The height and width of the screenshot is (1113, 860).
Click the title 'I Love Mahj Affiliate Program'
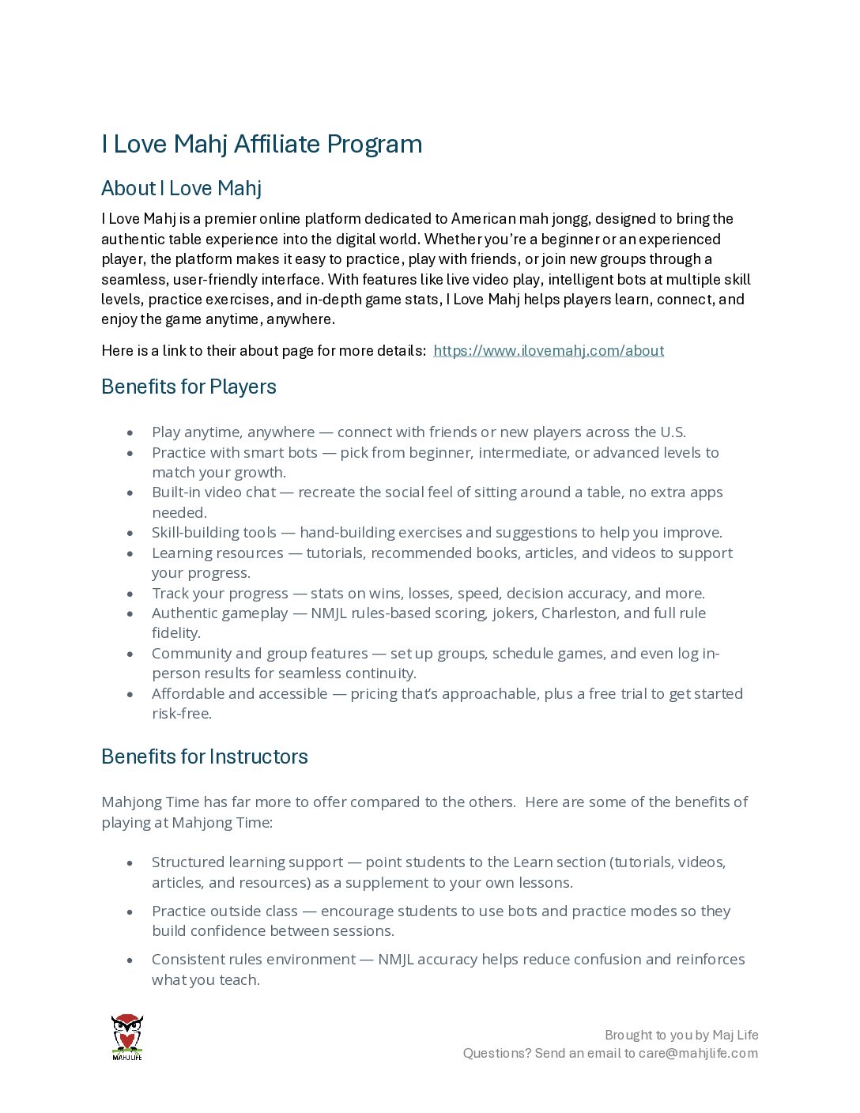click(x=262, y=145)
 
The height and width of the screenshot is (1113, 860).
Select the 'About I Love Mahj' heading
click(x=181, y=188)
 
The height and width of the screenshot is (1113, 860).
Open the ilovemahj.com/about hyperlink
click(x=549, y=351)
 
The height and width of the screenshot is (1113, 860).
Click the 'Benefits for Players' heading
click(x=189, y=387)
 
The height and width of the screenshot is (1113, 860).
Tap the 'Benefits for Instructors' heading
click(x=205, y=756)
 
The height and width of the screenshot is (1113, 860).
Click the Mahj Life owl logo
click(x=126, y=1036)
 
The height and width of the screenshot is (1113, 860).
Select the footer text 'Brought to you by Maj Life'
click(x=681, y=1035)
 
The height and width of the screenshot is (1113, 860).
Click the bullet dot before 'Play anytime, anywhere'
click(x=130, y=433)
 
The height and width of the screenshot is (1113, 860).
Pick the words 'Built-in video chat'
click(x=213, y=492)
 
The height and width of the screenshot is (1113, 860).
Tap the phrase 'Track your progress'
click(x=220, y=594)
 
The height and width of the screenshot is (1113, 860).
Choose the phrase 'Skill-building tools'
click(x=214, y=533)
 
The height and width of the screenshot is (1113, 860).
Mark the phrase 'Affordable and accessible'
click(x=240, y=694)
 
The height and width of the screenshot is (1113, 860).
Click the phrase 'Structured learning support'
click(x=247, y=862)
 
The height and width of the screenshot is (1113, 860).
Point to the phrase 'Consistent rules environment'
click(x=253, y=960)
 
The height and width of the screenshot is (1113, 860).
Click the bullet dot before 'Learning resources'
click(x=130, y=554)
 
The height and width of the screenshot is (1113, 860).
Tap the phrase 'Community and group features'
click(x=259, y=654)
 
